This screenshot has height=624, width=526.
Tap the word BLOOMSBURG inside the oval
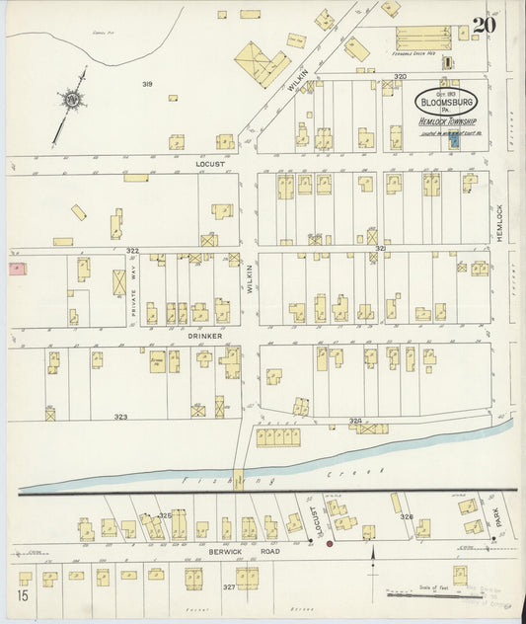pyautogui.click(x=442, y=102)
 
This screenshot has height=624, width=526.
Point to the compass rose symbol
pyautogui.click(x=72, y=100)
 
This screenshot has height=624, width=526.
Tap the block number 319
pyautogui.click(x=146, y=84)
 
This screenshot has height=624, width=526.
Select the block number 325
pyautogui.click(x=166, y=515)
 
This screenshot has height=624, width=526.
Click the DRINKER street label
pyautogui.click(x=199, y=336)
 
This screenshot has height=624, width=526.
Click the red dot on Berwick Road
pyautogui.click(x=330, y=542)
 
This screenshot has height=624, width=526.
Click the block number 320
pyautogui.click(x=400, y=76)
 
